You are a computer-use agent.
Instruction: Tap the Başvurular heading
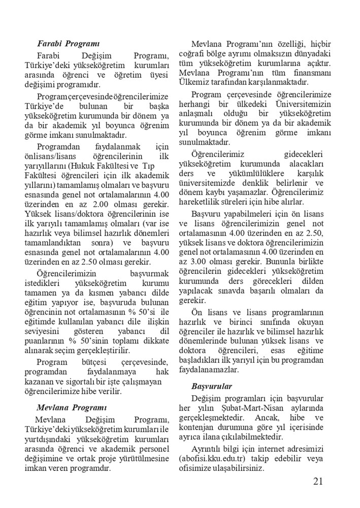tap(212, 386)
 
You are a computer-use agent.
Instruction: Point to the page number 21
tap(319, 482)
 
